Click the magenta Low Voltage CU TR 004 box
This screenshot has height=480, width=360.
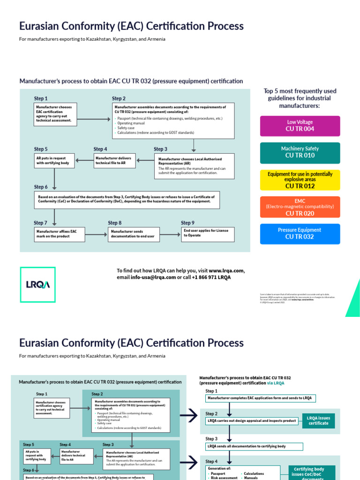point(300,126)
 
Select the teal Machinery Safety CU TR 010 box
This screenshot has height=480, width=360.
point(300,152)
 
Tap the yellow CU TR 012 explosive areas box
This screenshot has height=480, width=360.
point(300,180)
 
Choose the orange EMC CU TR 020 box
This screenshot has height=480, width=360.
point(300,207)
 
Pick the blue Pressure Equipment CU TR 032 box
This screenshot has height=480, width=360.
point(300,233)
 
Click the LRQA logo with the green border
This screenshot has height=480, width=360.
point(37,285)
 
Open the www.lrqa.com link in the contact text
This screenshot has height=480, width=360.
point(226,270)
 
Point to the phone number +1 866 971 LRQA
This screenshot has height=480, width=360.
point(211,277)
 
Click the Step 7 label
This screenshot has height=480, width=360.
point(41,223)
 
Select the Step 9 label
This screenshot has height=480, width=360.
point(188,223)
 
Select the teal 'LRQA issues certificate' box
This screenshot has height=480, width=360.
point(318,420)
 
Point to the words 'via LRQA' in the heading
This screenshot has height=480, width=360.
point(276,383)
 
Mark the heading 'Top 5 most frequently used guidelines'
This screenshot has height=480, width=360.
point(300,98)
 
